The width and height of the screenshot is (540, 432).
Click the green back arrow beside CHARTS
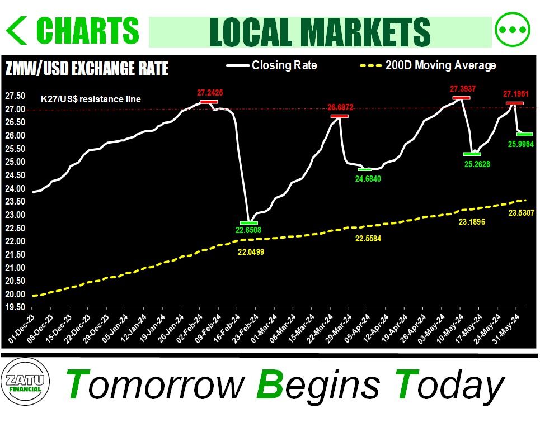[x=17, y=31]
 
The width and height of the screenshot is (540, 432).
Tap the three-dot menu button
[x=512, y=30]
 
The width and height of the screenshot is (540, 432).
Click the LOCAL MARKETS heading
[x=320, y=31]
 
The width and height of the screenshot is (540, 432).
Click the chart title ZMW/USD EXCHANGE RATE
[x=86, y=69]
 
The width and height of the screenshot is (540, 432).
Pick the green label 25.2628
[x=480, y=163]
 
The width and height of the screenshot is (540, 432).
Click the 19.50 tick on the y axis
[x=16, y=307]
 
